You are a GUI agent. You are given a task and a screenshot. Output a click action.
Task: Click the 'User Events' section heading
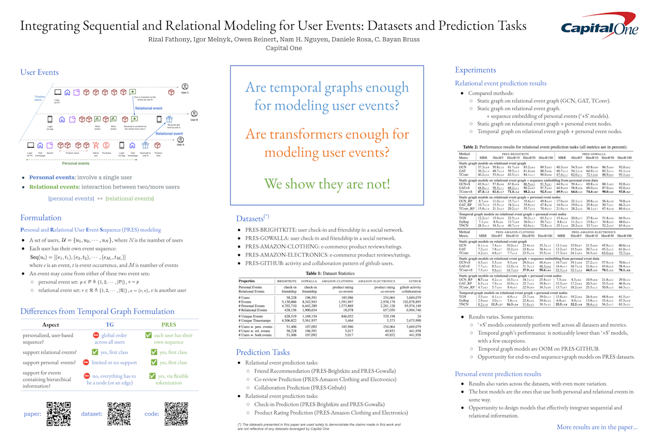pyautogui.click(x=39, y=72)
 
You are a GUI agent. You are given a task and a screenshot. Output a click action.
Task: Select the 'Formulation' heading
pyautogui.click(x=41, y=218)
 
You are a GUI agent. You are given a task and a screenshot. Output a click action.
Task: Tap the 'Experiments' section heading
pyautogui.click(x=475, y=70)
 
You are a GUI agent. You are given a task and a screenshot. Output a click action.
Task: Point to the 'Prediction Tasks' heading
pyautogui.click(x=262, y=352)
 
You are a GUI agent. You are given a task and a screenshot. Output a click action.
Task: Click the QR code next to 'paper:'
pyautogui.click(x=58, y=414)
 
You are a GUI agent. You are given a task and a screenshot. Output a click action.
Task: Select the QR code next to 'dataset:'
pyautogui.click(x=119, y=414)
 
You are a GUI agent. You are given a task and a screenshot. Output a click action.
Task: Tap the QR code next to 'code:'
pyautogui.click(x=176, y=414)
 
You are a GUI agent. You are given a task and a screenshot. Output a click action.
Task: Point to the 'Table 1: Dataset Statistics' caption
pyautogui.click(x=327, y=273)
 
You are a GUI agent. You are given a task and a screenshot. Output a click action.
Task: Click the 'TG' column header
pyautogui.click(x=110, y=324)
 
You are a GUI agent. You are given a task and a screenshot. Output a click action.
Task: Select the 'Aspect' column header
pyautogui.click(x=51, y=324)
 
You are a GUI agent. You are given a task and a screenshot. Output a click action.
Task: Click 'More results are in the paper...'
pyautogui.click(x=597, y=427)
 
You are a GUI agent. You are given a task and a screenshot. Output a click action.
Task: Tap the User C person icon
pyautogui.click(x=185, y=87)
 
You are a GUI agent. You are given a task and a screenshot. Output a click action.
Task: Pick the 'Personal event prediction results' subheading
pyautogui.click(x=498, y=374)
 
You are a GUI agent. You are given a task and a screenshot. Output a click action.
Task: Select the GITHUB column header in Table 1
pyautogui.click(x=411, y=280)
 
